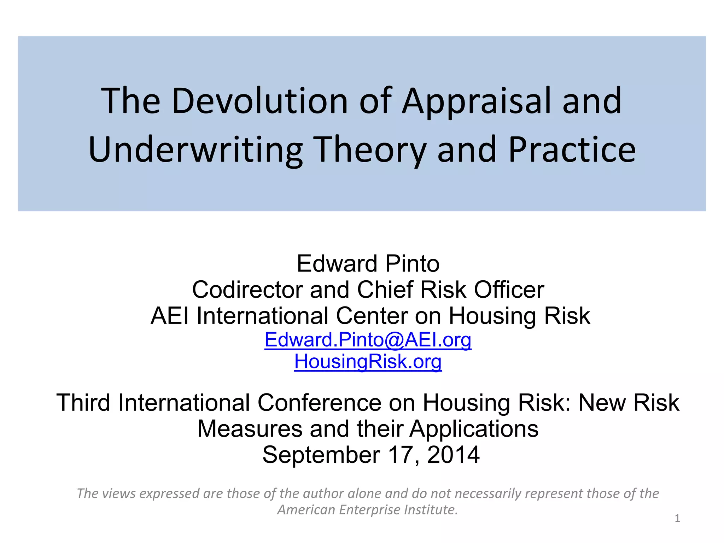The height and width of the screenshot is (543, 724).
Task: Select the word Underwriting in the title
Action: (195, 150)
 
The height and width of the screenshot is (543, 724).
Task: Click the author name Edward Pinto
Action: (368, 264)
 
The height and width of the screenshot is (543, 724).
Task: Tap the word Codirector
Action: (247, 290)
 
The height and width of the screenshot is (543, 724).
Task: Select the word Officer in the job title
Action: (509, 290)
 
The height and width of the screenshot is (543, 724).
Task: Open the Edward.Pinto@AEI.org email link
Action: (368, 340)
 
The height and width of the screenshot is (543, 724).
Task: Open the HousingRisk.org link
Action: (368, 362)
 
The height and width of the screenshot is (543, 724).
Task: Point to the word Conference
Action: (319, 403)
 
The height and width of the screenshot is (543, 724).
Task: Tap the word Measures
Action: (250, 429)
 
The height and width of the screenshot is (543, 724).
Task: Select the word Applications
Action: (474, 430)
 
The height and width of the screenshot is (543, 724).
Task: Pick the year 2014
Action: (453, 455)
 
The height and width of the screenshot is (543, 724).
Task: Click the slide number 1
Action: (677, 519)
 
